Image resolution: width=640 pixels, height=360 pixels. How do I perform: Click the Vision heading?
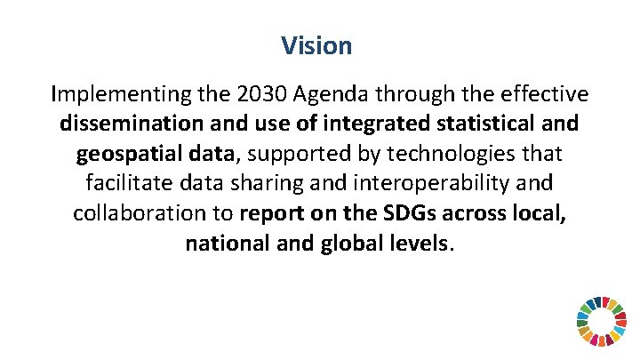point(316,45)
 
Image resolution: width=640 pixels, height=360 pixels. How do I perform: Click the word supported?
point(299,154)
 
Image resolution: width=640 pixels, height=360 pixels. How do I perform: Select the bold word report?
point(271,214)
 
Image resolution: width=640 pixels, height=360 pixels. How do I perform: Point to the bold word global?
point(348,244)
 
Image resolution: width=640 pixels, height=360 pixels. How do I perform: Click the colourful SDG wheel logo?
point(602,321)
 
